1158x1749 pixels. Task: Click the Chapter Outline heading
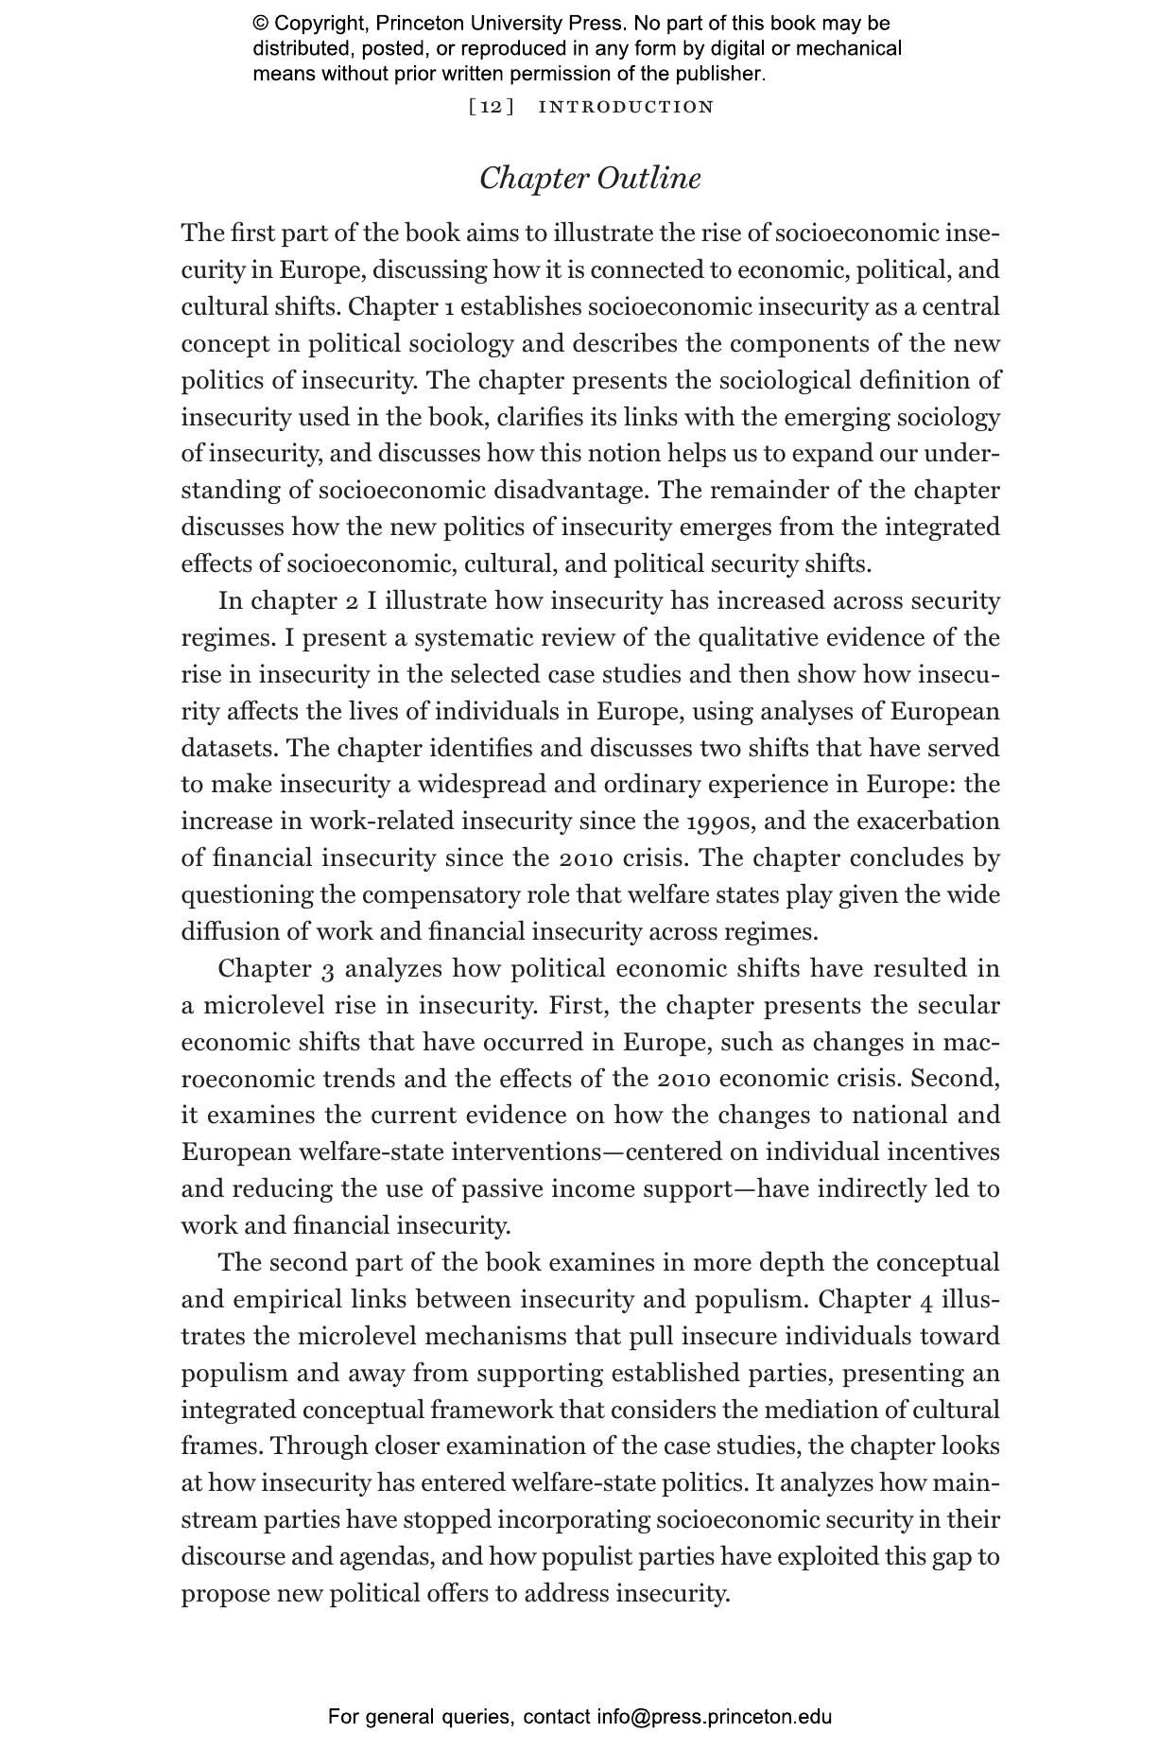[590, 179]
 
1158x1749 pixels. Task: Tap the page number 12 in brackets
[492, 107]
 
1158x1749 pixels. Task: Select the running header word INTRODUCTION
[626, 107]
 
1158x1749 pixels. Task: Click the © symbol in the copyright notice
[261, 24]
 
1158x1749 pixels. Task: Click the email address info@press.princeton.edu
[714, 1716]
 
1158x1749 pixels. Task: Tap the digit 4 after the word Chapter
[926, 1301]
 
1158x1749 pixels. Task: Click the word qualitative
[758, 638]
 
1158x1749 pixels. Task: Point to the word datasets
[230, 749]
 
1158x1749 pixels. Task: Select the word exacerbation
[927, 822]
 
